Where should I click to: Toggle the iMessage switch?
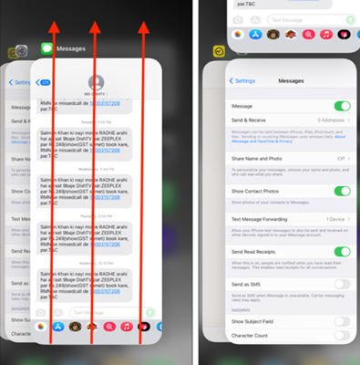342,107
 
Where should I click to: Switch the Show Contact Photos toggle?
342,191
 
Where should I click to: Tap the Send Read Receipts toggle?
342,252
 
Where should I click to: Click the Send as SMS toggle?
342,285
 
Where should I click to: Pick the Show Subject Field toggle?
342,321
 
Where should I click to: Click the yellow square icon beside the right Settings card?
219,54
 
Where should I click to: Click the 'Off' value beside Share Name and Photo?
339,158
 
